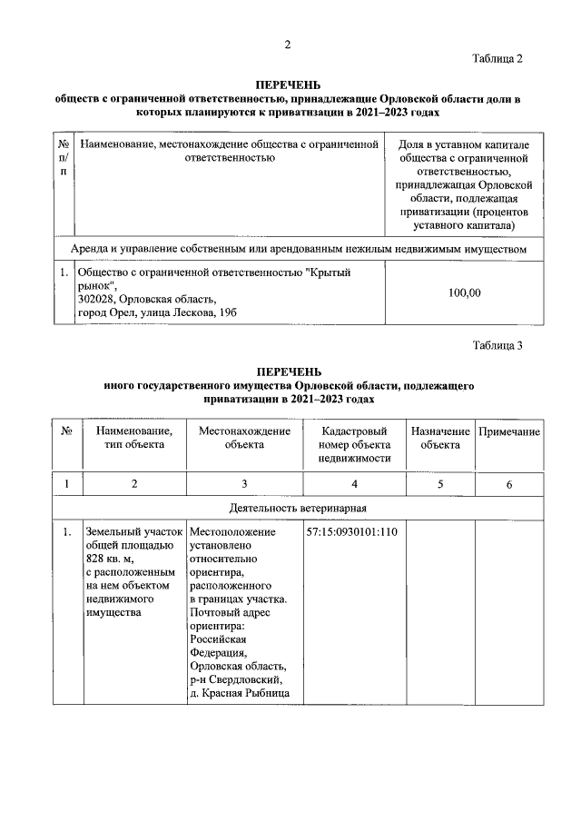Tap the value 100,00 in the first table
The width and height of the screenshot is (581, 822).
[465, 292]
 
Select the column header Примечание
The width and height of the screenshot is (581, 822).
[509, 431]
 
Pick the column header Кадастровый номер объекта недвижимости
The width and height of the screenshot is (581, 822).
[353, 444]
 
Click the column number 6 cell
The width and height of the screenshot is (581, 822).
[509, 484]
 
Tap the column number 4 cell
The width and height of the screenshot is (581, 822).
[353, 484]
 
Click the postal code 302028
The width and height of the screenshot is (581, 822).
[95, 300]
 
